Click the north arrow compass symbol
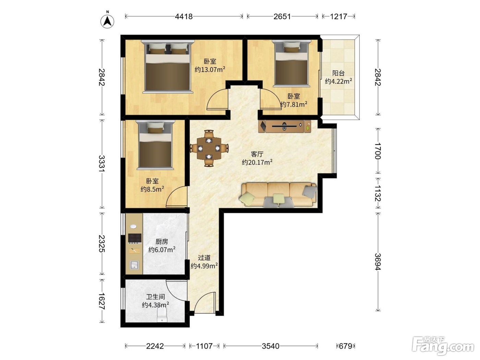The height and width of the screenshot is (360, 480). pyautogui.click(x=107, y=21)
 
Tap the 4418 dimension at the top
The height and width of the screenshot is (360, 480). pyautogui.click(x=184, y=16)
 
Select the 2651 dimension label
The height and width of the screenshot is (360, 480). pyautogui.click(x=282, y=16)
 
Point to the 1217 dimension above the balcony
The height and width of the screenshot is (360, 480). pyautogui.click(x=338, y=16)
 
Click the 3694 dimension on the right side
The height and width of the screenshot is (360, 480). pyautogui.click(x=378, y=262)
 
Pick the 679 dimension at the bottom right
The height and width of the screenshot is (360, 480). pyautogui.click(x=346, y=346)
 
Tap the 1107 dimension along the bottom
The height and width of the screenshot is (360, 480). pyautogui.click(x=204, y=346)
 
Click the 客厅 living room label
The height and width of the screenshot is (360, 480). pyautogui.click(x=257, y=154)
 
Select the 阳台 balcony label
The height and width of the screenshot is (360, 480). pyautogui.click(x=338, y=73)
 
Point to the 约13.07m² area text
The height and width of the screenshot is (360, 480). pyautogui.click(x=210, y=70)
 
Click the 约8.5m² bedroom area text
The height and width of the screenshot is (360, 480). pyautogui.click(x=152, y=189)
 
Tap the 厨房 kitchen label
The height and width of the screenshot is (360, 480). pyautogui.click(x=161, y=241)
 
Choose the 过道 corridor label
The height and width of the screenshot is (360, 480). pyautogui.click(x=204, y=258)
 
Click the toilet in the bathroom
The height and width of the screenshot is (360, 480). pyautogui.click(x=162, y=315)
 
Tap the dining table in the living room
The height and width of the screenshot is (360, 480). pyautogui.click(x=209, y=148)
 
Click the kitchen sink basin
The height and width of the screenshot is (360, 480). pyautogui.click(x=134, y=265)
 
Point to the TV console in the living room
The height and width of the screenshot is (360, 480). pyautogui.click(x=285, y=126)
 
